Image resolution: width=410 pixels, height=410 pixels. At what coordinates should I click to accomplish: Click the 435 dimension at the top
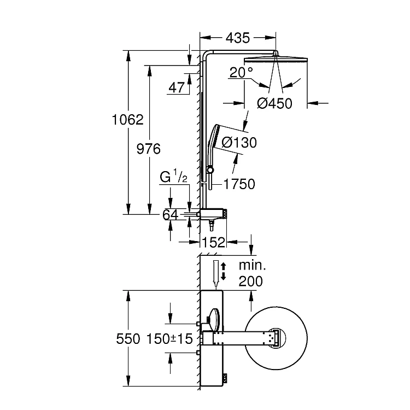(x=238, y=38)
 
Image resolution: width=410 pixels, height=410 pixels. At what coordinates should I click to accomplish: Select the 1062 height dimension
(x=127, y=120)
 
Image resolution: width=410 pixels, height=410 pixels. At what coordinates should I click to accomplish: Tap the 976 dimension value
(x=149, y=149)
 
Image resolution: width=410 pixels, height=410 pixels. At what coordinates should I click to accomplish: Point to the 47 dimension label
(x=177, y=87)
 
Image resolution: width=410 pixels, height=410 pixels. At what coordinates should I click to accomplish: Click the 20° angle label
(x=241, y=72)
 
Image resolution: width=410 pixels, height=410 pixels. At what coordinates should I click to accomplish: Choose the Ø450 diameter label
(x=274, y=103)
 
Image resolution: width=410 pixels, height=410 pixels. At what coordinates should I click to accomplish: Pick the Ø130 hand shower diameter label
(x=239, y=143)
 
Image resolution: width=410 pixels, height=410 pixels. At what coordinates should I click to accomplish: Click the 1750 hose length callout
(x=239, y=184)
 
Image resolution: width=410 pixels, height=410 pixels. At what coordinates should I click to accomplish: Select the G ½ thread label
(x=174, y=177)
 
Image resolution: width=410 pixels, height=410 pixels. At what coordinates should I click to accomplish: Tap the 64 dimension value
(x=171, y=215)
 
